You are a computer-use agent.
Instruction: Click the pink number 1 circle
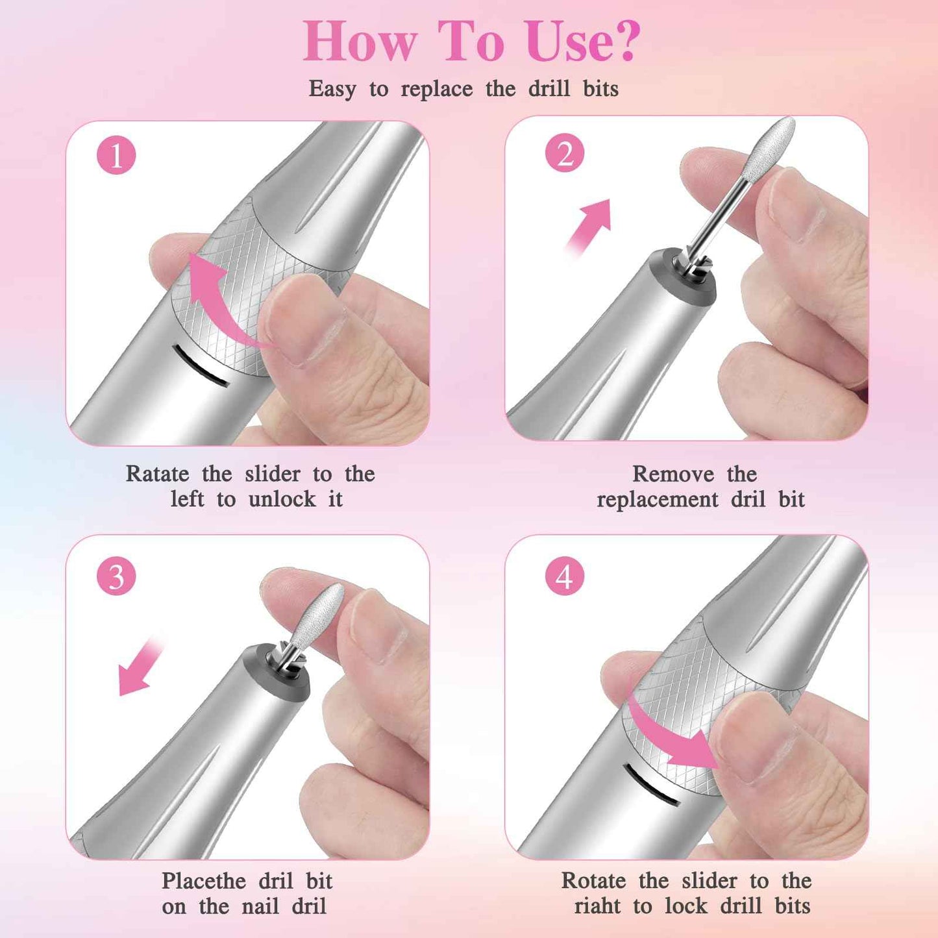[x=116, y=156]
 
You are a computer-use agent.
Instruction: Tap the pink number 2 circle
[x=565, y=154]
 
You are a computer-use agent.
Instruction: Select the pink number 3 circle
[x=116, y=576]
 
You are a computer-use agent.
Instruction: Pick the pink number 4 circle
[x=565, y=576]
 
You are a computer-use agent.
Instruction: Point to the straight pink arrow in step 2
[x=591, y=224]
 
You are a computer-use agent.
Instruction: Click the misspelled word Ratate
[x=157, y=474]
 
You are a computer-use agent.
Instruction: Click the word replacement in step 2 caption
[x=657, y=500]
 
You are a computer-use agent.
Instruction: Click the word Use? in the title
[x=582, y=41]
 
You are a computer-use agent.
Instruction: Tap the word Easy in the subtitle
[x=332, y=89]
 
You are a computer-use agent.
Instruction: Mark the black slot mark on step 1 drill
[x=201, y=367]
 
